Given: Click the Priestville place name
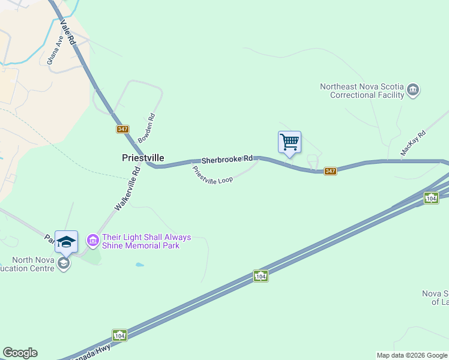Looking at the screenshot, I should pos(143,157).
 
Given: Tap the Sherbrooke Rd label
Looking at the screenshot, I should pos(226,160).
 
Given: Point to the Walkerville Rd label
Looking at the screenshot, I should pos(127,188).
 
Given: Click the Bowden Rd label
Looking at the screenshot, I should pos(147,128).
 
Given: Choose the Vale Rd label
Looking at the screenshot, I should pos(67,32).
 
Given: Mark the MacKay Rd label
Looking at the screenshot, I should pos(413,143).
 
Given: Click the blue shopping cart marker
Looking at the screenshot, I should pos(289,142).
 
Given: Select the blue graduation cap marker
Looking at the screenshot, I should pos(67,241).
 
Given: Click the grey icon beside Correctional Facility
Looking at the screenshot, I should pos(413,90).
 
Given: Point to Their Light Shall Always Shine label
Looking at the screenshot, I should pos(146,241).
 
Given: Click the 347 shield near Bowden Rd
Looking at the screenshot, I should pos(122,129).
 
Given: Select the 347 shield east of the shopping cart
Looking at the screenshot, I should pos(330,171).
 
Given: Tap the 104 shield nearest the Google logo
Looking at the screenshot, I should pos(119,334).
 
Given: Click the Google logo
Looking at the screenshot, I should pos(20,353).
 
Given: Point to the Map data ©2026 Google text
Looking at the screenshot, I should pos(412,355).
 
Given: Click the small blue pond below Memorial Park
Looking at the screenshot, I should pos(140,265).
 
